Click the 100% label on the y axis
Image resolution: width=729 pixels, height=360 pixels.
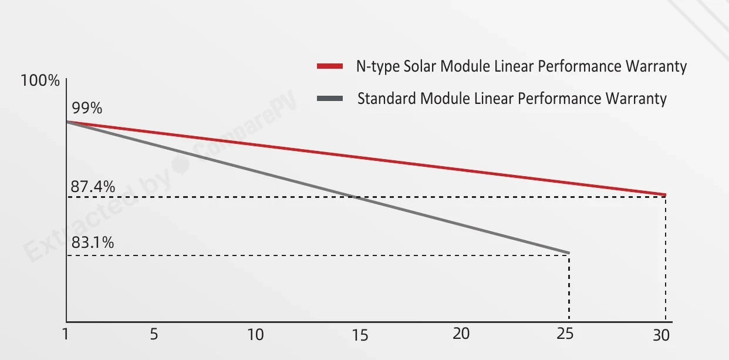[x=40, y=80]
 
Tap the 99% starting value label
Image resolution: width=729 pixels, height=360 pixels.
[x=87, y=107]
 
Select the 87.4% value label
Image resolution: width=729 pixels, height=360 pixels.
[x=93, y=187]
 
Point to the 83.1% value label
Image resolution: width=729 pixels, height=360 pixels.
[x=93, y=243]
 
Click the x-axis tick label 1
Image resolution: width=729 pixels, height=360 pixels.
[x=66, y=334]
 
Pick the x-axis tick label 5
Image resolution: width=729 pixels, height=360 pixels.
[x=154, y=334]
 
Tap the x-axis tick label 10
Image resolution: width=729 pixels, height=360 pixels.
[x=255, y=335]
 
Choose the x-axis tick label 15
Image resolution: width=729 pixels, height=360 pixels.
[x=360, y=335]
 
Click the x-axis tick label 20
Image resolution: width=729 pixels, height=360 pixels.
[x=461, y=334]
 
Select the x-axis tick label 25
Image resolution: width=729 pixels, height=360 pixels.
[x=565, y=334]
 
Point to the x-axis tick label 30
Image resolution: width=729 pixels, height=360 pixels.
[x=662, y=335]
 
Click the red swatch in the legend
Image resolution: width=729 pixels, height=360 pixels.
[x=330, y=66]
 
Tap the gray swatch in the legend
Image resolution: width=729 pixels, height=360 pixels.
[x=330, y=99]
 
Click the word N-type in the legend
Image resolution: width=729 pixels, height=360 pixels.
[x=378, y=67]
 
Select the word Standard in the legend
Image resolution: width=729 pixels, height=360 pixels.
[x=387, y=98]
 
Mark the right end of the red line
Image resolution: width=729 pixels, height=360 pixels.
[x=666, y=195]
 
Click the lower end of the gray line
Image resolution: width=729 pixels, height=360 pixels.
[x=569, y=253]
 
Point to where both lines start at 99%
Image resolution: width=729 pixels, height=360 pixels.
[x=67, y=122]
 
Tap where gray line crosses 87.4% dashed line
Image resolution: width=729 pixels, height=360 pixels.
[x=354, y=197]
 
